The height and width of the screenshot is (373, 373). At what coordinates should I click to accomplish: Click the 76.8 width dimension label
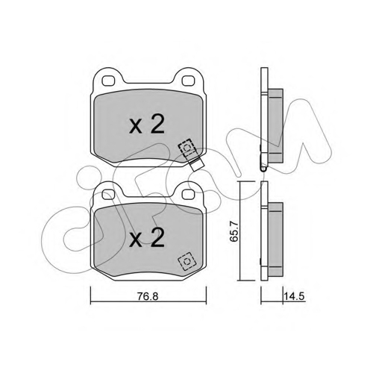148,296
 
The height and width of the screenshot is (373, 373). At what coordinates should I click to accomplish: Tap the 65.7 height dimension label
235,231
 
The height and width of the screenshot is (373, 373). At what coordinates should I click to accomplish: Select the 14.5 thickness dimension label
295,296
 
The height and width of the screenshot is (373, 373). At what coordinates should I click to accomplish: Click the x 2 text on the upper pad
147,125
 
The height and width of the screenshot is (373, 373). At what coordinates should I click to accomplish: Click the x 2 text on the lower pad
147,237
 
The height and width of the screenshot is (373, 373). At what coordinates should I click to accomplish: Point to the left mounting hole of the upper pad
108,81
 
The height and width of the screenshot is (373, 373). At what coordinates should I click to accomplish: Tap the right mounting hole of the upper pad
188,81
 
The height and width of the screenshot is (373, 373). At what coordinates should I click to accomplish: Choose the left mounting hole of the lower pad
108,195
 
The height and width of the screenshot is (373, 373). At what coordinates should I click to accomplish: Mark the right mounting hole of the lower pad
188,195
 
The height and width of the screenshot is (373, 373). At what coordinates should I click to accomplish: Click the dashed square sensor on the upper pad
187,148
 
